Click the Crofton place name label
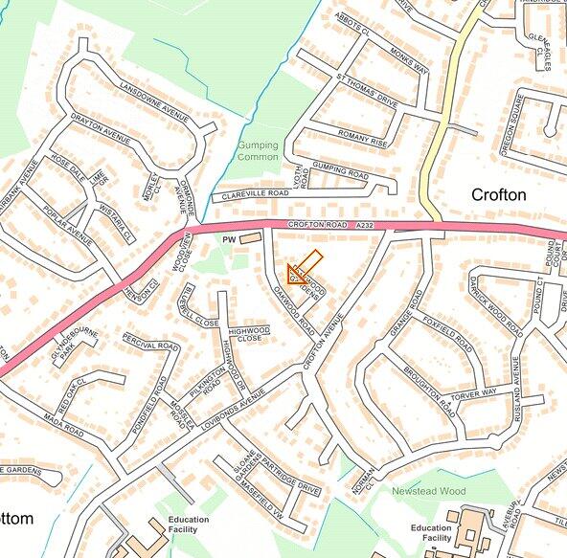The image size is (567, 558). (x=498, y=194)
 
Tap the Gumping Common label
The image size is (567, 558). (x=257, y=150)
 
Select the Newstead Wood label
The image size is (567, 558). (x=427, y=491)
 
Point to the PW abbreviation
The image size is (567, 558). (x=228, y=238)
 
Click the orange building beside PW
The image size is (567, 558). (x=249, y=236)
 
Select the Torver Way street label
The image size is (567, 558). (x=476, y=392)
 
